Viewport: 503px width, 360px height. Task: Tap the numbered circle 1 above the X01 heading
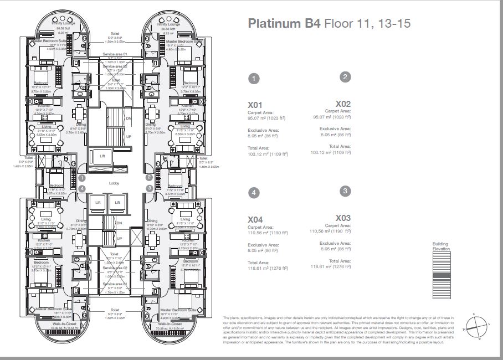coord(253,79)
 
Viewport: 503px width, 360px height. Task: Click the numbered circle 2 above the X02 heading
coord(345,77)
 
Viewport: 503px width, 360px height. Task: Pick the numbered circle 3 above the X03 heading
coord(345,191)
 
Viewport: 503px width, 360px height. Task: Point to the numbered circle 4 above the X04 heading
coord(253,193)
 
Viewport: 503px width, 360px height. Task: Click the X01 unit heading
coord(255,105)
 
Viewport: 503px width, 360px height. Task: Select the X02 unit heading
coord(343,104)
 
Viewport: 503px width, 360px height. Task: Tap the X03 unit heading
coord(343,218)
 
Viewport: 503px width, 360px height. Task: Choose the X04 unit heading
coord(255,219)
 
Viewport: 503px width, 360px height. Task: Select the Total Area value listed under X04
coord(268,269)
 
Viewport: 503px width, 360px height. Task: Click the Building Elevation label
coord(442,246)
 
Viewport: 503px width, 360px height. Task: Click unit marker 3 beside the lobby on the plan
coord(149,188)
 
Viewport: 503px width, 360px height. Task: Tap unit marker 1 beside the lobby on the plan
coord(81,178)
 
